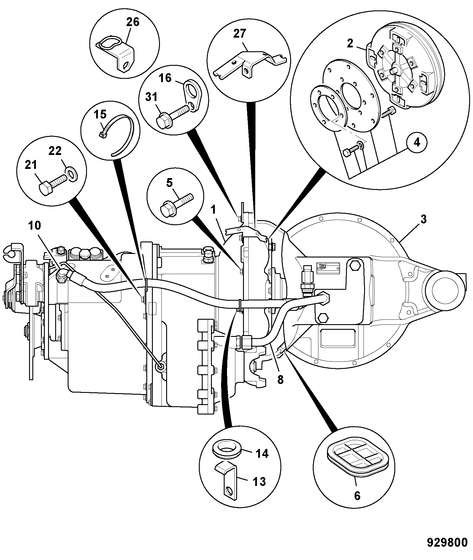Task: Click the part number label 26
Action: (x=132, y=22)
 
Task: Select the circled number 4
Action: (x=417, y=143)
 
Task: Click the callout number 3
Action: (x=423, y=220)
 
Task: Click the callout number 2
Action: (x=350, y=44)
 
